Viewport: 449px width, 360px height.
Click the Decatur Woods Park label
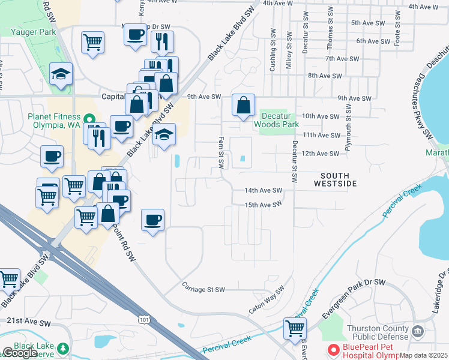(276, 120)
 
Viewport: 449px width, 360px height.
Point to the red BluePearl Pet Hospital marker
(332, 349)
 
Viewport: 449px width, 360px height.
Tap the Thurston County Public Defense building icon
(418, 331)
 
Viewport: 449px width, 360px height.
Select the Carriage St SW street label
(203, 289)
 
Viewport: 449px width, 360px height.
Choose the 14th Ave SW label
(263, 190)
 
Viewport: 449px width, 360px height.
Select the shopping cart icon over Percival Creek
(295, 328)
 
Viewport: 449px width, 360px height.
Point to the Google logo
(19, 353)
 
